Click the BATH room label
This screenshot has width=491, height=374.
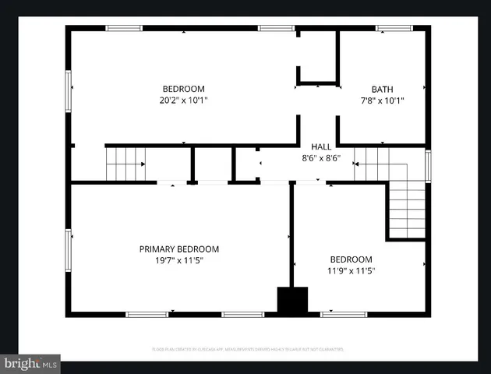click(382, 89)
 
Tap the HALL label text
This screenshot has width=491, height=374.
click(321, 146)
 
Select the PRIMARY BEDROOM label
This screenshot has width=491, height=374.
click(179, 249)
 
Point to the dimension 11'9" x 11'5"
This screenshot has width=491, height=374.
click(351, 270)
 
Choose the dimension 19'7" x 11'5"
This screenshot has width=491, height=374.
click(179, 260)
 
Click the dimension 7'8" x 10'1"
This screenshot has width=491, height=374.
click(382, 100)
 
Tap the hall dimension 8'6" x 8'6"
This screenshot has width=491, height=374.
click(321, 157)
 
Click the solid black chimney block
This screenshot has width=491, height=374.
click(293, 301)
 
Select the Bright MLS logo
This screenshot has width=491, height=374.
click(30, 363)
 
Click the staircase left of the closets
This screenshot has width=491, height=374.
click(125, 164)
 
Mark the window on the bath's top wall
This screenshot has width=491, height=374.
click(394, 29)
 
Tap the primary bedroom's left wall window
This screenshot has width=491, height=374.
click(69, 248)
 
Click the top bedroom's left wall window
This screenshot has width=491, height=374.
click(69, 90)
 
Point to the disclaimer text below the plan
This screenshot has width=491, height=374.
click(248, 350)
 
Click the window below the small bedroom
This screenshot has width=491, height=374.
click(344, 314)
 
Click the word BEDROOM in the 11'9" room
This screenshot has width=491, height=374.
click(351, 259)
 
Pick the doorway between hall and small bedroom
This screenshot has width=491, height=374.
click(309, 183)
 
